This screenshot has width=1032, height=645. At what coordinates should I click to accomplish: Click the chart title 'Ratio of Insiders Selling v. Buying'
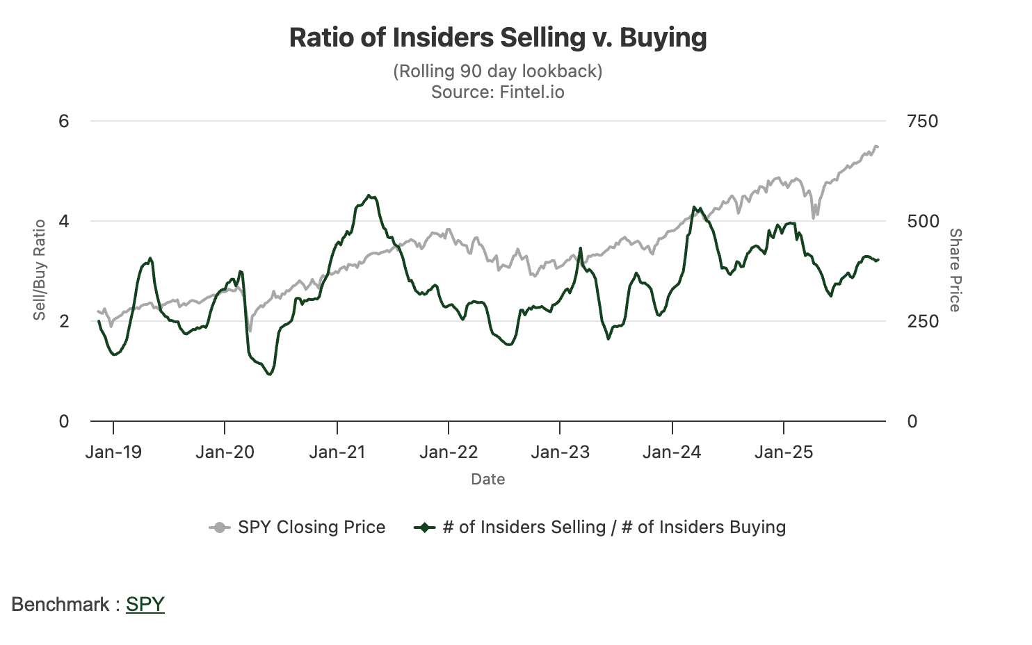[498, 38]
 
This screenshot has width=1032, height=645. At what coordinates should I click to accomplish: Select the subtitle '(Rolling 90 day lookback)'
[498, 71]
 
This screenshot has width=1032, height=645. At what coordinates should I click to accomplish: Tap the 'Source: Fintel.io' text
[498, 92]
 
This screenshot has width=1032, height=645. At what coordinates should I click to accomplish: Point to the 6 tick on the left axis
[64, 121]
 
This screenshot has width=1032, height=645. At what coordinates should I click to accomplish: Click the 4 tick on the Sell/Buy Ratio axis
[64, 221]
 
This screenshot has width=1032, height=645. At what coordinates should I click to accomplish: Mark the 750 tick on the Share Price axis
[922, 121]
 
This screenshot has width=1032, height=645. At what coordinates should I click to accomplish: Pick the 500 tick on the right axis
[922, 221]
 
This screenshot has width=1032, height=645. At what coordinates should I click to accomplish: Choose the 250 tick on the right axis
[922, 321]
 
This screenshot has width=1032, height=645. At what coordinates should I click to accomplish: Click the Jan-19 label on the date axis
[113, 452]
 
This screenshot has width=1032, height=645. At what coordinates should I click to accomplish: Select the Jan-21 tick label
[337, 452]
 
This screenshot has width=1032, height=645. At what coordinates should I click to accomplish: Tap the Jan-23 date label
[561, 452]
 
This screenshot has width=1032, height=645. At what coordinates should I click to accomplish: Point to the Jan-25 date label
[784, 452]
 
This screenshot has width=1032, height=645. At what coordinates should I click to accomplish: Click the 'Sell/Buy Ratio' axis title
[40, 270]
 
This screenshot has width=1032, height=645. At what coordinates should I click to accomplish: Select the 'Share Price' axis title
[956, 270]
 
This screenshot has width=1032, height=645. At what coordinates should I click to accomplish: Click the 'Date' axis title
[488, 479]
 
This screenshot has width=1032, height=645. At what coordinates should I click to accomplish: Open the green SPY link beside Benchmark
[145, 604]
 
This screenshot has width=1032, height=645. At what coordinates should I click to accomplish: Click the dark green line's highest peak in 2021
[369, 196]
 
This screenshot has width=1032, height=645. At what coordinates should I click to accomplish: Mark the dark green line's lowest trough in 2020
[270, 375]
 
